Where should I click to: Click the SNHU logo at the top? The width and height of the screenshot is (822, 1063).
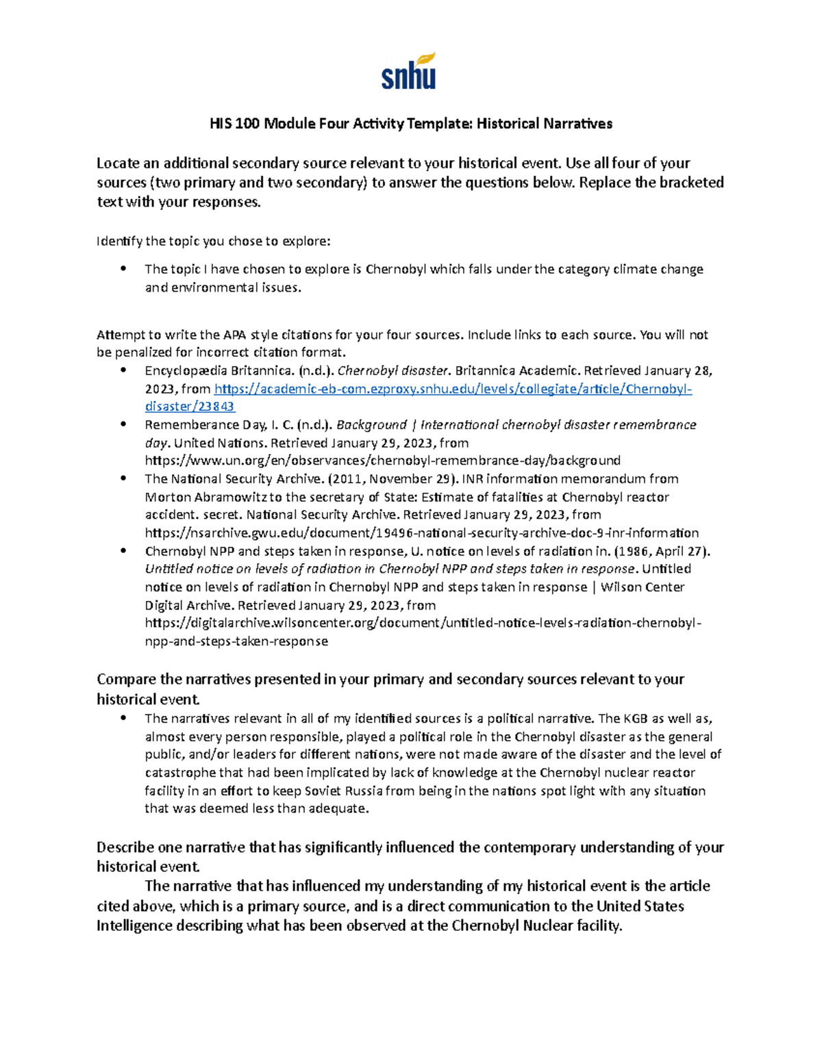tap(408, 71)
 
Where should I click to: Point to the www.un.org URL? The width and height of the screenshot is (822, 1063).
tap(382, 461)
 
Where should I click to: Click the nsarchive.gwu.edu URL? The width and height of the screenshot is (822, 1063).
tap(421, 533)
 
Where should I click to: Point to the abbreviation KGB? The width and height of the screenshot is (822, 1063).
tap(635, 719)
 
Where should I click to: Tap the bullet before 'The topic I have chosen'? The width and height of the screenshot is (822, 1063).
tap(124, 269)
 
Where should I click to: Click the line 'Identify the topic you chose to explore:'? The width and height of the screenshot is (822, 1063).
tap(213, 241)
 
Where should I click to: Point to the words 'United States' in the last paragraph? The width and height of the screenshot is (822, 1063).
tap(640, 906)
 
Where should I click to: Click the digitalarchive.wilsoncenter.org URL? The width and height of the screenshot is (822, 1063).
tap(423, 623)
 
